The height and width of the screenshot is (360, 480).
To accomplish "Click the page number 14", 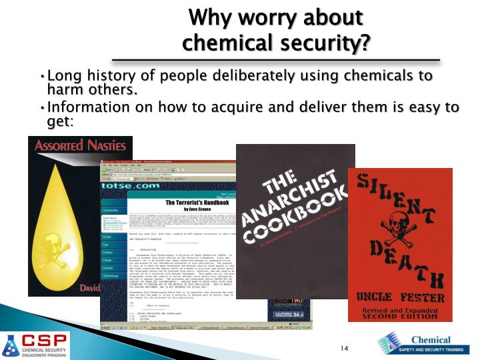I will (x=345, y=349).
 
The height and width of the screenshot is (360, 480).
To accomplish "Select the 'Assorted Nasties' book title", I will (x=79, y=145).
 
